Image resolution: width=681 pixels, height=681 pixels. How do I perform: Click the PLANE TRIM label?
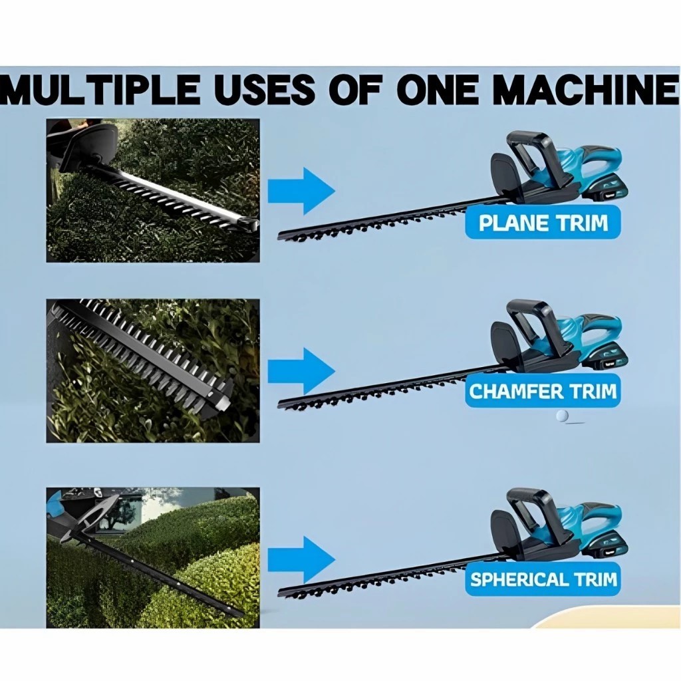543,223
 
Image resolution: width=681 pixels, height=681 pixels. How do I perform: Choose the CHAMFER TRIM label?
543,391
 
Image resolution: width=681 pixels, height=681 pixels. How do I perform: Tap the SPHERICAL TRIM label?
543,579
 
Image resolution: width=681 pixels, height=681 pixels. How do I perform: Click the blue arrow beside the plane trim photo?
301,190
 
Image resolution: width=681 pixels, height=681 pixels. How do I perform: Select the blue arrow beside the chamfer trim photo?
301,372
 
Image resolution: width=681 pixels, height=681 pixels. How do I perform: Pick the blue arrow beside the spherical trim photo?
301,560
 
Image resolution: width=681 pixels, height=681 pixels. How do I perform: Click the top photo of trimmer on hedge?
153,190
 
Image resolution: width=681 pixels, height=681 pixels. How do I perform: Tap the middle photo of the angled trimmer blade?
153,370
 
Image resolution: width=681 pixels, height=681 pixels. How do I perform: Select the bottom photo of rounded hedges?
153,558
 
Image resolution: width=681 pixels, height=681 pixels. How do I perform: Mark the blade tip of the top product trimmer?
279,237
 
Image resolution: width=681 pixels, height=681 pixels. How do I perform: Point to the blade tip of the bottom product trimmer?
279,592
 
